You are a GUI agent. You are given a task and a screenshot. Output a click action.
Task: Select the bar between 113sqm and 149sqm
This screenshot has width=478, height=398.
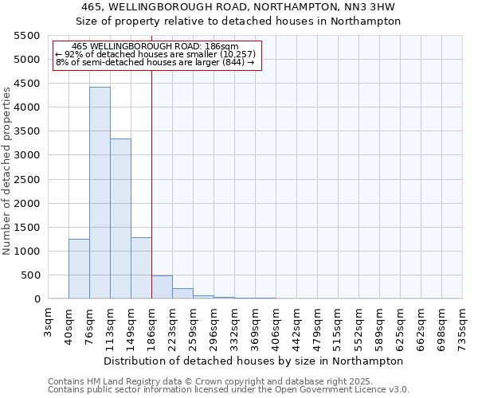120,219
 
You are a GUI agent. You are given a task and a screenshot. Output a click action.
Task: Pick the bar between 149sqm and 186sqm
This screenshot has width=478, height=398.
141,268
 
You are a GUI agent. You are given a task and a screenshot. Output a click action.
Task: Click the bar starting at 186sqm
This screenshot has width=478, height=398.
162,287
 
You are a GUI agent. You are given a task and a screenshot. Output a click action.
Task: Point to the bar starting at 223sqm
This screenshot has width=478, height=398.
182,294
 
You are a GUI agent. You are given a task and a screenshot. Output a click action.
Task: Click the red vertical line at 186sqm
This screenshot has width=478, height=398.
151,159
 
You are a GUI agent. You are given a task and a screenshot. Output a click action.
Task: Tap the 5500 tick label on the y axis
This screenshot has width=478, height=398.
26,36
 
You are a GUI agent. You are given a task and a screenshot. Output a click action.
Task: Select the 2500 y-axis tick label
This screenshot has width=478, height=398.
26,180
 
